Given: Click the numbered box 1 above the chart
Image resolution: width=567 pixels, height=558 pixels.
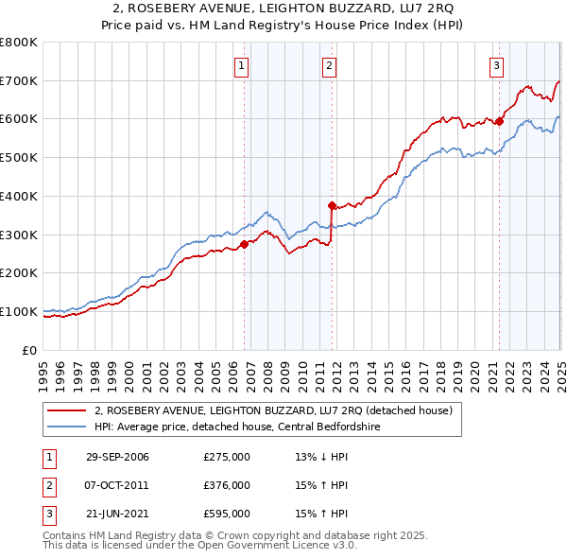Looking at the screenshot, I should tap(243, 65).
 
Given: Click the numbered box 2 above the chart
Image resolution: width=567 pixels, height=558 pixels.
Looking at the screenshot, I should tap(329, 65).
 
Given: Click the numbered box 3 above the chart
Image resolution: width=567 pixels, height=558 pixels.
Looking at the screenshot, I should tap(496, 65).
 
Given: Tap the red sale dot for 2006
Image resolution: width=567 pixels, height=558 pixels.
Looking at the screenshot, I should tap(244, 244).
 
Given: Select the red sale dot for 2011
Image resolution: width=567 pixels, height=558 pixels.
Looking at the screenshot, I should tap(332, 204).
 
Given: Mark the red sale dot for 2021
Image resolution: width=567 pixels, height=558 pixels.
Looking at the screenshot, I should tap(500, 121).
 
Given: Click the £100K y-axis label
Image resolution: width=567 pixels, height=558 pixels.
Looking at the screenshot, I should tap(19, 311).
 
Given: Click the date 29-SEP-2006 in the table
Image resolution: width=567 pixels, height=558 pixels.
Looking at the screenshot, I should tap(117, 457).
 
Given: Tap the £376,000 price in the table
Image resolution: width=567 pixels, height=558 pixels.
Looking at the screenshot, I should tap(227, 485).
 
